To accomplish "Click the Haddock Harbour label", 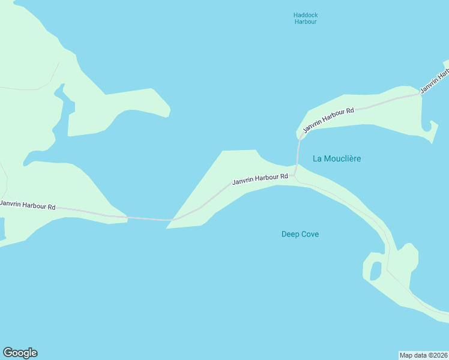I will (x=305, y=18).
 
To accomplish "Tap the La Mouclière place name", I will (x=337, y=158).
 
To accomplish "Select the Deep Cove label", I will (x=300, y=234).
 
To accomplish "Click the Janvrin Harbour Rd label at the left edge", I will (x=28, y=205).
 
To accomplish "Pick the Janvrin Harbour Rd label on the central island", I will (x=260, y=179).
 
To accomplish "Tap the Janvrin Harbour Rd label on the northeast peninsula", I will (x=328, y=120).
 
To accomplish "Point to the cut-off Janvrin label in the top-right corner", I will (x=435, y=81).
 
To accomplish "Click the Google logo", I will (x=20, y=353).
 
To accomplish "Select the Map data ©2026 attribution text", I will (x=423, y=355).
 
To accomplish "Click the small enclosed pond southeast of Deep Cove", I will (x=376, y=271).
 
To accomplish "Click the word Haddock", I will (x=305, y=14).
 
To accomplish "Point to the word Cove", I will (x=309, y=234).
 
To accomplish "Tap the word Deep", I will (x=290, y=234).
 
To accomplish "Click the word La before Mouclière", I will (x=318, y=158).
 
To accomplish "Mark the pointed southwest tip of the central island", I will (x=168, y=227).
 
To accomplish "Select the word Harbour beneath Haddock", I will (x=305, y=22).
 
